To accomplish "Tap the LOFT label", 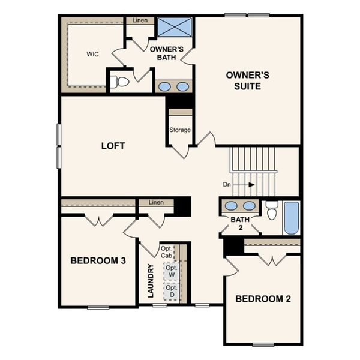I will click(x=113, y=146).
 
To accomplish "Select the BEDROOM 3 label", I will click(x=98, y=260).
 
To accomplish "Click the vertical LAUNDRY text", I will click(x=151, y=281).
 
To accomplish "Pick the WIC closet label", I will click(x=92, y=54).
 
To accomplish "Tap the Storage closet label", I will click(x=180, y=130).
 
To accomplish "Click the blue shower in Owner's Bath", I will click(x=175, y=28).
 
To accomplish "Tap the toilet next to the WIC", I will click(x=122, y=82).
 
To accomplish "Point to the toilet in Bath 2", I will click(x=272, y=211).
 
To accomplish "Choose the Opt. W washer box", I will click(x=171, y=272).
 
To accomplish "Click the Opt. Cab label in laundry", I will click(x=166, y=252).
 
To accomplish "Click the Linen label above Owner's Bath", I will click(x=140, y=21).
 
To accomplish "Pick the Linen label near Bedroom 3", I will click(x=157, y=203).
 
